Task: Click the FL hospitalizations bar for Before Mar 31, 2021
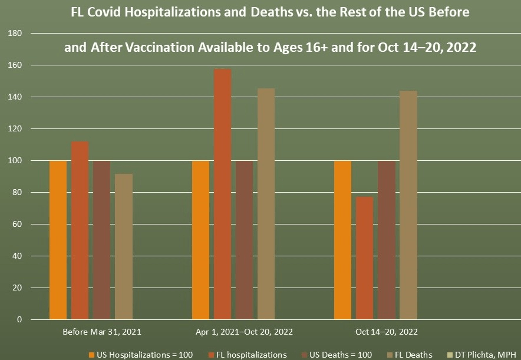[80, 230]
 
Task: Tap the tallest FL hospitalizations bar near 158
[223, 194]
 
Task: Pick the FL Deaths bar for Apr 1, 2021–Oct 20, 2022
[266, 204]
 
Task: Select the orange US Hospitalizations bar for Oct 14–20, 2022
[343, 240]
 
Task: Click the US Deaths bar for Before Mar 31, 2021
[102, 240]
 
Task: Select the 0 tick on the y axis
[19, 320]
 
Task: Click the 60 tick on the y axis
[17, 224]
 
